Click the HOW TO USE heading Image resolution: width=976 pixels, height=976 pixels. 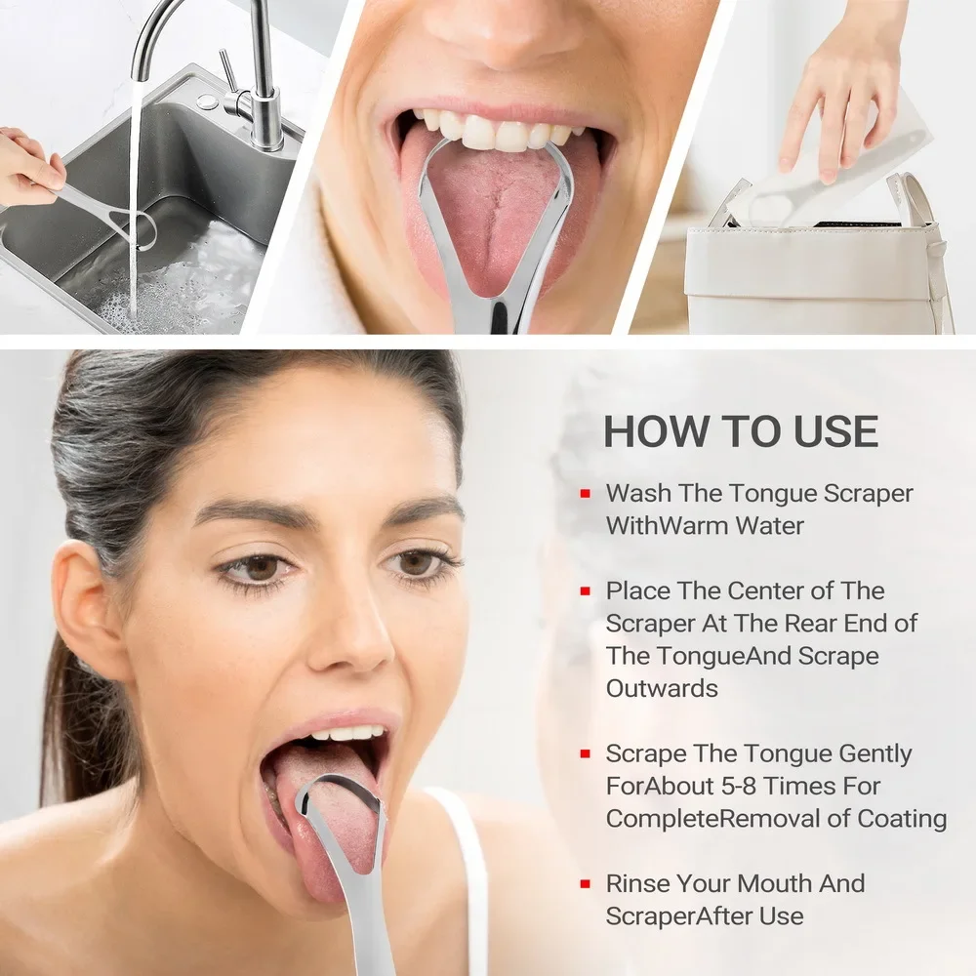pos(741,431)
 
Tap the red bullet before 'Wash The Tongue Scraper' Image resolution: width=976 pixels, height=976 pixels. pos(585,494)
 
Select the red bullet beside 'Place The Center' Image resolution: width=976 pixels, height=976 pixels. pos(585,591)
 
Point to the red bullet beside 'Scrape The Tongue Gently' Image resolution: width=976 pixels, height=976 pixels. pos(585,754)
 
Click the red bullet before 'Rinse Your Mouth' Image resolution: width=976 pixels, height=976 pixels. pos(585,884)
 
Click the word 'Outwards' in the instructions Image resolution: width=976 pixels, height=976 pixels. pos(662,688)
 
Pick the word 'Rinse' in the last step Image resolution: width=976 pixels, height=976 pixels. pos(638,884)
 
